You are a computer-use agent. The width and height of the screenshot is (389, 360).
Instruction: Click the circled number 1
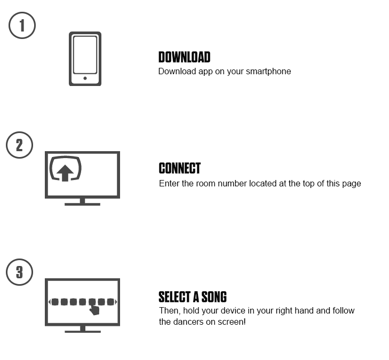[x=22, y=25]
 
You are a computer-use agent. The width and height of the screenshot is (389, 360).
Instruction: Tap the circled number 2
[x=19, y=145]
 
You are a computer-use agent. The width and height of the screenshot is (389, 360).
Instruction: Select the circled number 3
[x=19, y=272]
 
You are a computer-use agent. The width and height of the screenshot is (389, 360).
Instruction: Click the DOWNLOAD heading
[x=184, y=57]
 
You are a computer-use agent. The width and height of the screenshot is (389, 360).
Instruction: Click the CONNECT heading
[x=180, y=168]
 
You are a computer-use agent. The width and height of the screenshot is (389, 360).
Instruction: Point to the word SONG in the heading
[x=214, y=297]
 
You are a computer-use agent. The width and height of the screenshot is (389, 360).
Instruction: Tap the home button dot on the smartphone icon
[x=85, y=78]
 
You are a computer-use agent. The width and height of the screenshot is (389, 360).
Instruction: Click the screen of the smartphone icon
[x=85, y=55]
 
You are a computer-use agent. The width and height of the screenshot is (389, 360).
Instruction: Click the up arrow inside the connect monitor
[x=65, y=173]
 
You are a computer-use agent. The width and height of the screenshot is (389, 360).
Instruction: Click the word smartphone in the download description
[x=268, y=72]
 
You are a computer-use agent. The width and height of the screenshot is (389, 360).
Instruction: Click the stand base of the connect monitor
[x=82, y=204]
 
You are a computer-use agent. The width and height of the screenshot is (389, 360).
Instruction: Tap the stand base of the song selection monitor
[x=83, y=332]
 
